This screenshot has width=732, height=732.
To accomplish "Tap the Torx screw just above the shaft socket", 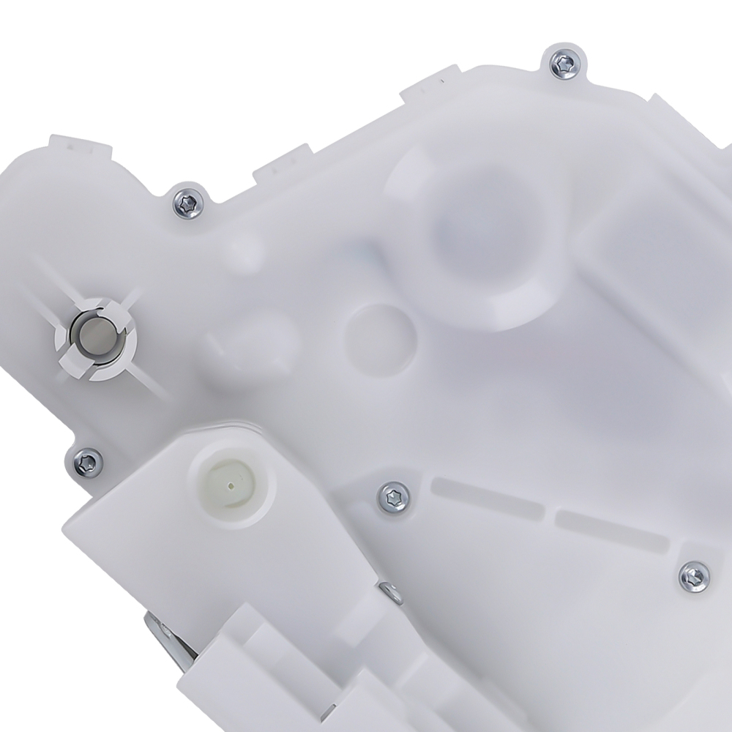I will point(187,203).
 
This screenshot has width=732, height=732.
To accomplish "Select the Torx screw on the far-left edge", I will point(87,462).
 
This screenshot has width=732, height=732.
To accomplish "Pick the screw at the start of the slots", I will point(394,499).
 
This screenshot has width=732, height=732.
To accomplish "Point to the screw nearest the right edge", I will point(693,575).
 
